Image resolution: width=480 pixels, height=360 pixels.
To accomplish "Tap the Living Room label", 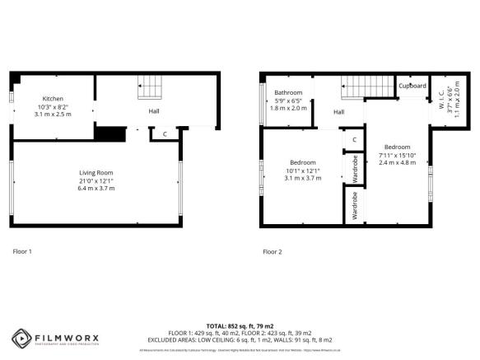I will pos(96,172).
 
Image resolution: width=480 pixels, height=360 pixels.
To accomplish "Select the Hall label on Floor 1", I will pos(154,110).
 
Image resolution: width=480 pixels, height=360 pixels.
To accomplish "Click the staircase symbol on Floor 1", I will pos(149,84).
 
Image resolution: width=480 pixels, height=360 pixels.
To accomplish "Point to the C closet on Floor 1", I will pos(165,133).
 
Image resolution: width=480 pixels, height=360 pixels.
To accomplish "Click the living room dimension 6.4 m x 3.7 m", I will pos(96,189).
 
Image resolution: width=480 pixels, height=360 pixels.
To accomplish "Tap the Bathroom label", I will pos(288,92).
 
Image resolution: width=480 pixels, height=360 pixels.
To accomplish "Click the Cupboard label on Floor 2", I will pos(412,86).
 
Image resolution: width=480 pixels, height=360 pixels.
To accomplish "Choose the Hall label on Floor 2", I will pos(338,112).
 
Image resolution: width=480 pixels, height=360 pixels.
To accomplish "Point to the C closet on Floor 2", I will pos(353,139).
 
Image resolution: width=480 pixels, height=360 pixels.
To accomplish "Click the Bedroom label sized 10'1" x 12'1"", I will pos(301,162).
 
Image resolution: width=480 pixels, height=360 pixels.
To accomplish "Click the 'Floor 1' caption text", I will pos(22,251).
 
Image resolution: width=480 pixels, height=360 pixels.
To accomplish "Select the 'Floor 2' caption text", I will pos(272,251).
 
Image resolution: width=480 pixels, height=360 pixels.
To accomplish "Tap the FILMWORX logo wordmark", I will pos(68,336).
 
